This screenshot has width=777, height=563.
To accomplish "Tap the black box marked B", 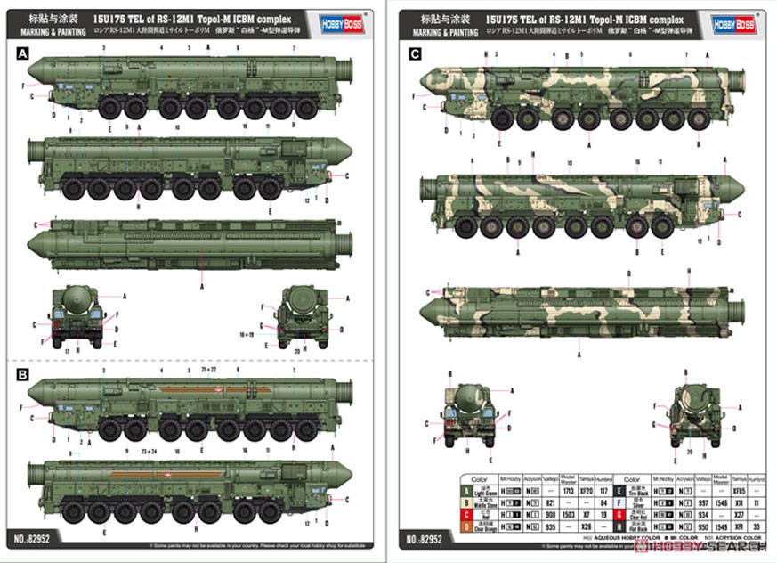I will click(x=21, y=373).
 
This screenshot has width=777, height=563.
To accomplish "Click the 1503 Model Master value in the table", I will click(x=567, y=515).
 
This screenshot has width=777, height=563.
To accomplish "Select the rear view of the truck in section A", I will click(x=305, y=316).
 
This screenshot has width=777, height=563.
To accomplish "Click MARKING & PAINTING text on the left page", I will click(x=44, y=33).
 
